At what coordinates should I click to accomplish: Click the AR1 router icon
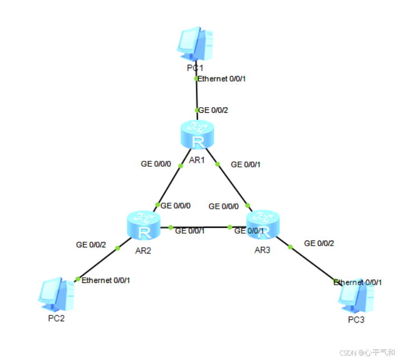point(198,135)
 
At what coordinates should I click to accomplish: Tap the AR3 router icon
point(263,225)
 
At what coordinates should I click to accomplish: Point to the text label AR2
point(143,250)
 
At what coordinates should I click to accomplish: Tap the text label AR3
point(262,249)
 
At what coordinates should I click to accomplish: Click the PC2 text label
point(56,319)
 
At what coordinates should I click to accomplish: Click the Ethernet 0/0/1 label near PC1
point(222,79)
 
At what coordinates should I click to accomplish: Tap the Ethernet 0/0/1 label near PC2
point(106,280)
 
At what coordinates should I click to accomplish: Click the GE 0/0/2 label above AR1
point(213,111)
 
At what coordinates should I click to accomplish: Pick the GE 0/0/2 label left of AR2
point(91,244)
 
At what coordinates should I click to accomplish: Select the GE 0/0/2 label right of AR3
point(319,243)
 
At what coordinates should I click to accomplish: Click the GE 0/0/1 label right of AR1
point(246,164)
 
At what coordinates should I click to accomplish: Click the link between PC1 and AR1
point(196,95)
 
